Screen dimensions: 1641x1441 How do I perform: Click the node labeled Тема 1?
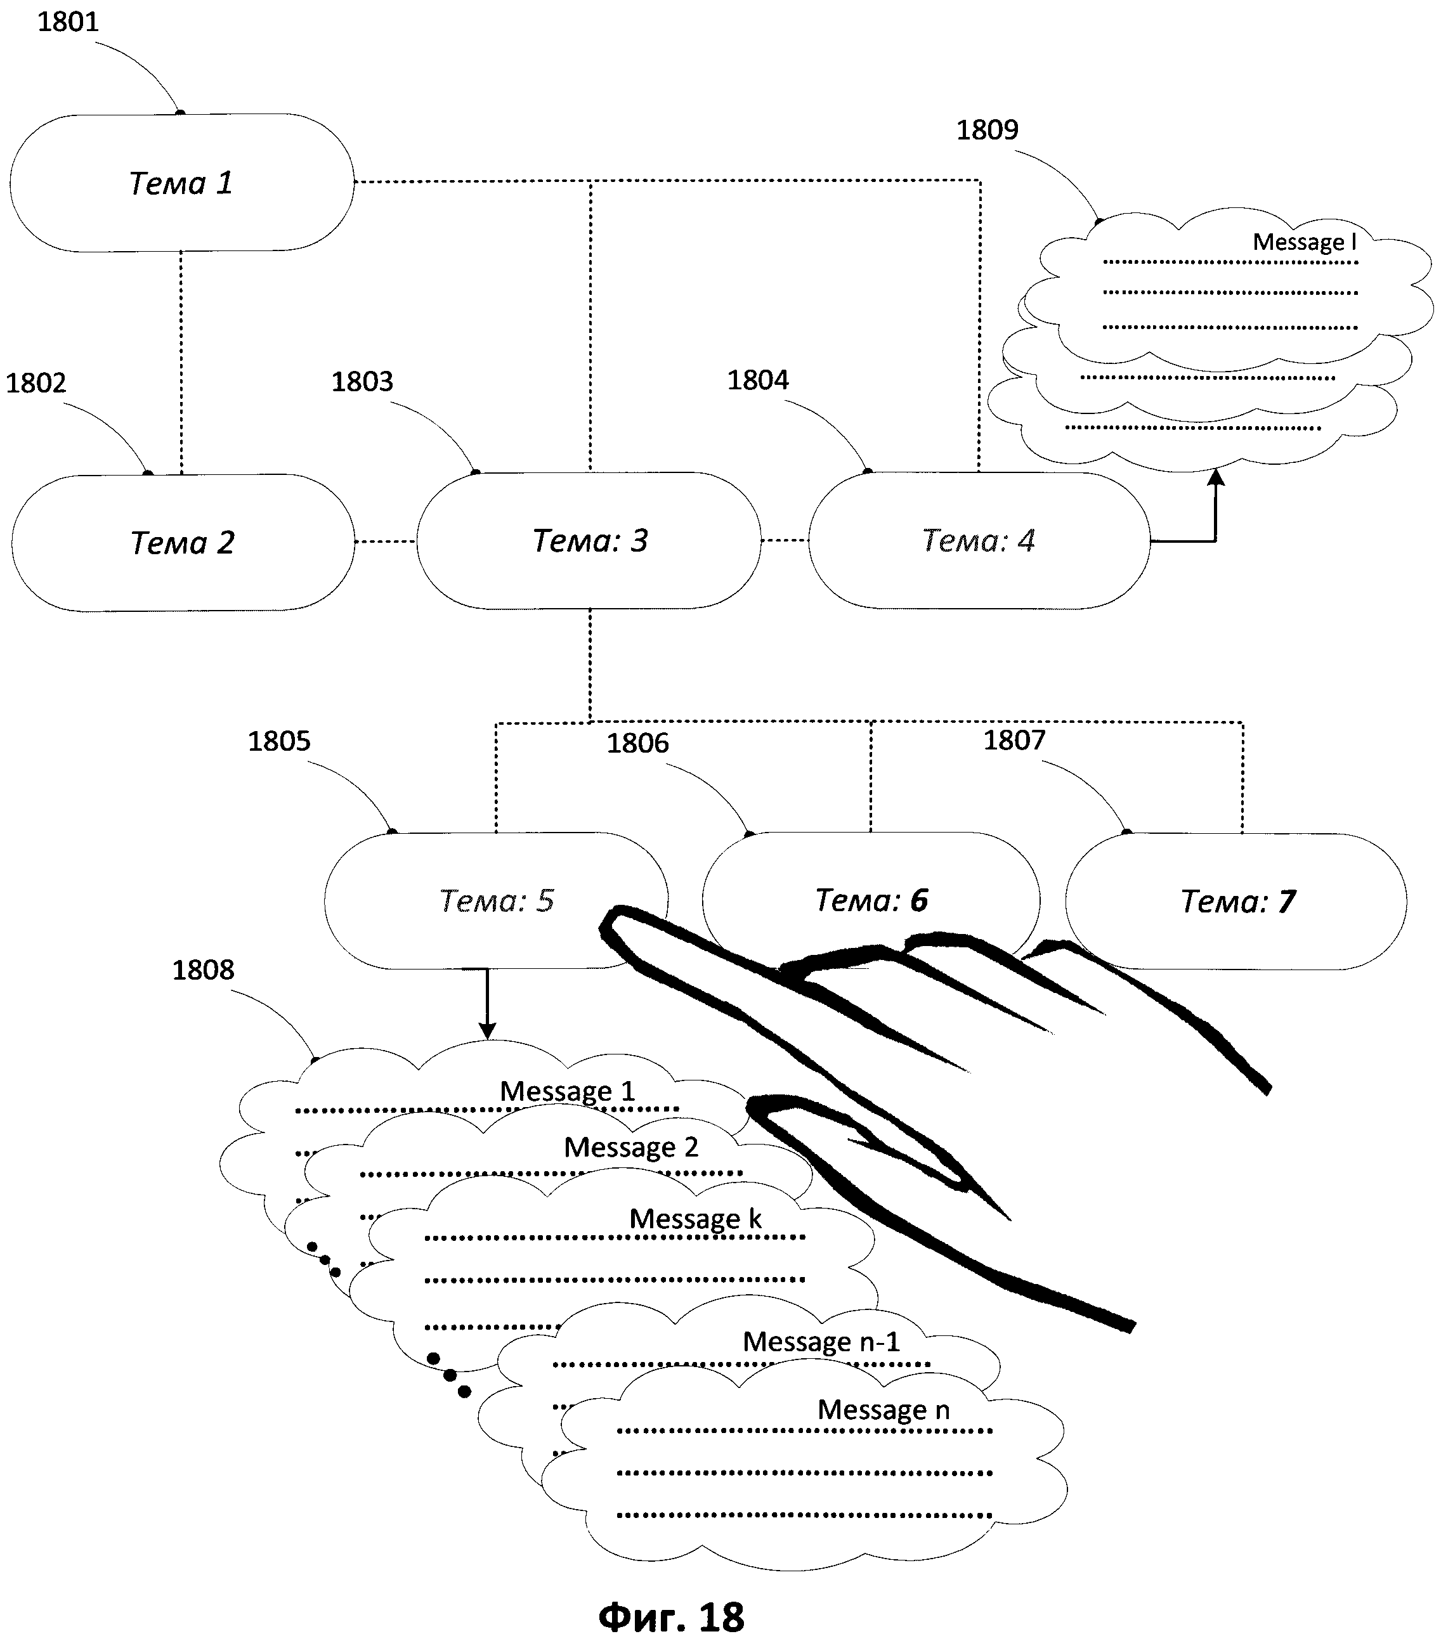tap(181, 183)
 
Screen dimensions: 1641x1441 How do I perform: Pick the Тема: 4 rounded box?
tap(979, 540)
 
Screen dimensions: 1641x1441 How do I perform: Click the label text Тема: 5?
tap(497, 901)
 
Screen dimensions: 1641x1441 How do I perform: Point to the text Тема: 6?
tap(871, 900)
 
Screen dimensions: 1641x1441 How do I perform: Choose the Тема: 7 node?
tap(1237, 902)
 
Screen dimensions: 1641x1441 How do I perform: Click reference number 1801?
tap(68, 22)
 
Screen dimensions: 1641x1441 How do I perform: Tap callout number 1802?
tap(36, 383)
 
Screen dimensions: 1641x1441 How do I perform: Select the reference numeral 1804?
tap(757, 380)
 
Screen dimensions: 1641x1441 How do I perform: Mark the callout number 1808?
tap(203, 970)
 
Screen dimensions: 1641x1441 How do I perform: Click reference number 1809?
tap(987, 129)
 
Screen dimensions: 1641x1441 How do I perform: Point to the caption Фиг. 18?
tap(672, 1616)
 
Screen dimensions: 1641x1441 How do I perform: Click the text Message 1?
tap(567, 1091)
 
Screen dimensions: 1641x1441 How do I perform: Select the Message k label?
tap(694, 1219)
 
